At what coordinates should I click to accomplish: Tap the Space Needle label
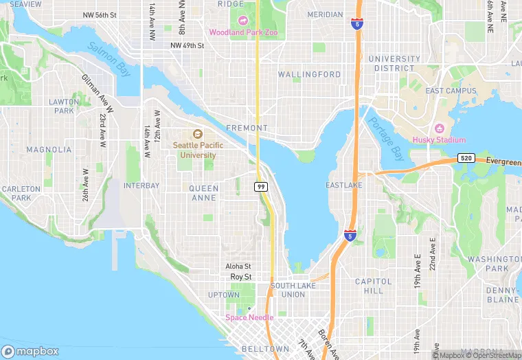tap(249, 317)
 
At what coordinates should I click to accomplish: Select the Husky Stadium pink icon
tap(439, 128)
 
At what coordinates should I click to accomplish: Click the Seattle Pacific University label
tap(194, 150)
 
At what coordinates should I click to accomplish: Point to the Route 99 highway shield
tap(261, 187)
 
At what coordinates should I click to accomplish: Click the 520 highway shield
tap(466, 158)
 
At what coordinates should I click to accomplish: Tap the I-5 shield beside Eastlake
tap(350, 236)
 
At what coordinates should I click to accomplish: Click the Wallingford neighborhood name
tap(309, 74)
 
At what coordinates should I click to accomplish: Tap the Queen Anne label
tap(204, 193)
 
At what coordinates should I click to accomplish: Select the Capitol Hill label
tap(373, 286)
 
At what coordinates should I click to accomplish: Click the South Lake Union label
tap(292, 290)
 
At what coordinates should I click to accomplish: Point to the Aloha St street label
tap(238, 267)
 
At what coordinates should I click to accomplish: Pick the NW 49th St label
tap(188, 46)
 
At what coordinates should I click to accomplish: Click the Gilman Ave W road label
tap(91, 92)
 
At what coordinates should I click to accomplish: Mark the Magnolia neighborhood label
tap(48, 149)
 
